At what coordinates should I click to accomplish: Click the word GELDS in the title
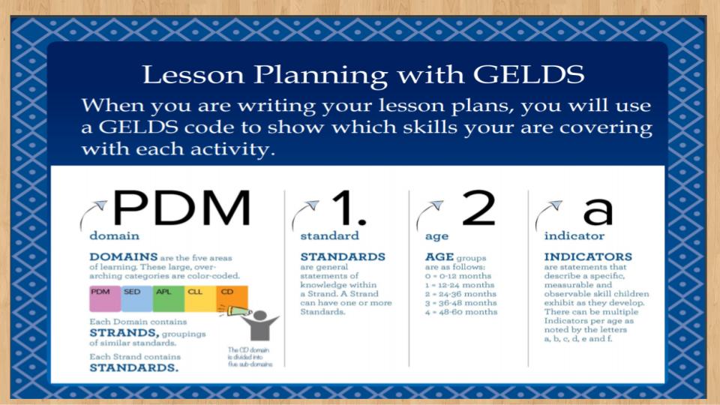(529, 74)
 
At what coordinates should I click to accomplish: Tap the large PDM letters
(182, 208)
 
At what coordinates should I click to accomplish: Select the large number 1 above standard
(349, 208)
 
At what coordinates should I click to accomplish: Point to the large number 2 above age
(478, 208)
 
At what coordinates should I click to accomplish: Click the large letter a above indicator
(598, 211)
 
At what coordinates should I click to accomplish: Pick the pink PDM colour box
(105, 298)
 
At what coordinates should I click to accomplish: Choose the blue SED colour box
(136, 298)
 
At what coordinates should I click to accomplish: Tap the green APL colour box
(169, 298)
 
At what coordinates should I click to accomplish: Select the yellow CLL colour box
(200, 298)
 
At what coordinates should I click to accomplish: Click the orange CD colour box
(232, 298)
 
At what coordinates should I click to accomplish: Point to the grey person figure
(260, 325)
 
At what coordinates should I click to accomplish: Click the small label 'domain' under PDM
(114, 236)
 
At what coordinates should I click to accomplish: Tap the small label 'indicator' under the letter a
(574, 236)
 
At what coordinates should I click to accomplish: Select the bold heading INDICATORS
(588, 256)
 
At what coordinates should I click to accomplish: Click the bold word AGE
(439, 256)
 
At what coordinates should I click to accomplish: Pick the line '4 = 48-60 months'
(461, 312)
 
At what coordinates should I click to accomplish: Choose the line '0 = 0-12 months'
(458, 276)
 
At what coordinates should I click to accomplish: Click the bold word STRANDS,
(124, 333)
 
